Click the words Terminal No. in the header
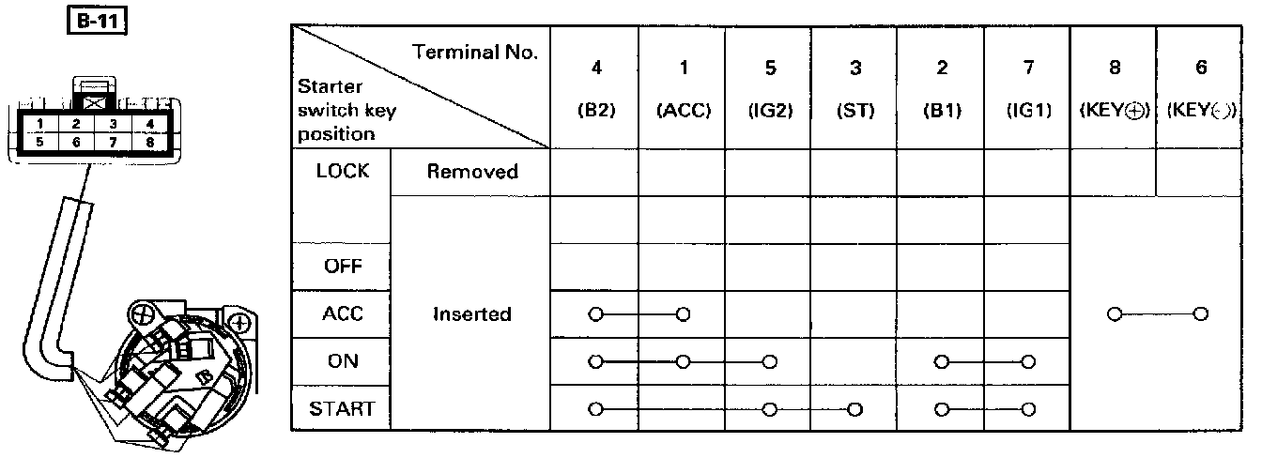click(476, 53)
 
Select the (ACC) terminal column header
click(683, 110)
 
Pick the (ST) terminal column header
click(854, 110)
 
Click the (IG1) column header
click(1028, 110)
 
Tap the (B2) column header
click(595, 110)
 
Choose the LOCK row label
click(343, 172)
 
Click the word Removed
click(471, 172)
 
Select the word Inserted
click(471, 314)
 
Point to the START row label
click(343, 409)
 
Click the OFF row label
click(343, 267)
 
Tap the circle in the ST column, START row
click(854, 409)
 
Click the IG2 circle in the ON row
click(769, 361)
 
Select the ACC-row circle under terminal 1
click(684, 313)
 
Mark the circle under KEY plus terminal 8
click(1115, 313)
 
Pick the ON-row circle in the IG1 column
click(1028, 361)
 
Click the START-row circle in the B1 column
click(942, 409)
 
